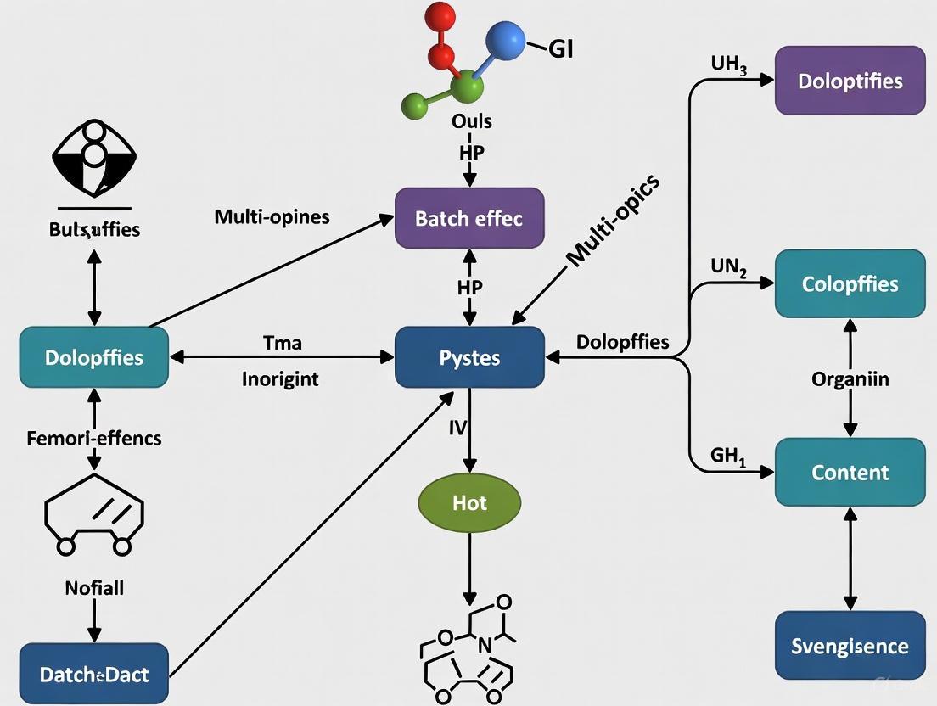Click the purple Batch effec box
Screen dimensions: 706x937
(469, 218)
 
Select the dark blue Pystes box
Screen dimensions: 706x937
(469, 357)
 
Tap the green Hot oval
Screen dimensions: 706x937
(469, 502)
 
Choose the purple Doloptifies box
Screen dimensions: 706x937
(850, 81)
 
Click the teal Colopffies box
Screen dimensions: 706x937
(850, 283)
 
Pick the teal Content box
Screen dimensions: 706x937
(850, 472)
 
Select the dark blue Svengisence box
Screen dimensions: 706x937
(850, 645)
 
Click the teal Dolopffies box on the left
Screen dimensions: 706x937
(93, 357)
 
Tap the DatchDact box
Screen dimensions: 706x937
(93, 675)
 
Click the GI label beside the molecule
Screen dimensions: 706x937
(561, 48)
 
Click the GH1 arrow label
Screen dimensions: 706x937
(727, 456)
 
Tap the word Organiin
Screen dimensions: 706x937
(850, 378)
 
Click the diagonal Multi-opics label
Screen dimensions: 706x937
(611, 223)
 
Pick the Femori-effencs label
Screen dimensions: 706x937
(93, 439)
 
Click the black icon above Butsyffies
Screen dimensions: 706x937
(94, 158)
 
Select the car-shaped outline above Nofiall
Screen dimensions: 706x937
(93, 518)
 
